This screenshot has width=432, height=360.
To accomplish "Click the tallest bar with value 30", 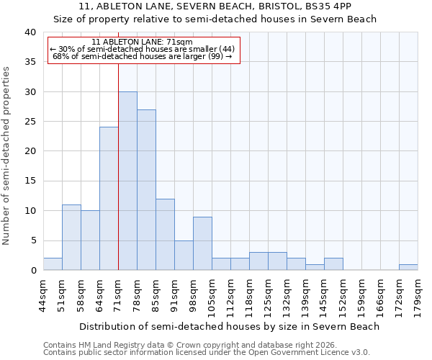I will (x=127, y=181).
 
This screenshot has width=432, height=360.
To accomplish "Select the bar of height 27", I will (x=146, y=190).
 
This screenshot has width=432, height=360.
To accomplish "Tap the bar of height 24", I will (x=109, y=199).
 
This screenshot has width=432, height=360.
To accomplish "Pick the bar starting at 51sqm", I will (x=71, y=238).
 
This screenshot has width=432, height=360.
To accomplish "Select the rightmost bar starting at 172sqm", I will (x=408, y=267).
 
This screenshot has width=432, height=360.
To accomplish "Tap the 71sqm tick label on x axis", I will (x=119, y=295).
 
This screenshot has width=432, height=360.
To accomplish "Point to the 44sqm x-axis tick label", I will (x=44, y=295).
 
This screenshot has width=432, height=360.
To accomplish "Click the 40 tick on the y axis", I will (x=30, y=32).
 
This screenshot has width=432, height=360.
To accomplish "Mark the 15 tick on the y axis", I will (x=30, y=181).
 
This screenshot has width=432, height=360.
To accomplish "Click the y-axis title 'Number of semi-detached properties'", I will (x=7, y=156).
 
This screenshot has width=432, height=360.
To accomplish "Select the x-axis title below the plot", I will (x=229, y=327).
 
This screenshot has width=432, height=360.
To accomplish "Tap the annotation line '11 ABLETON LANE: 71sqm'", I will (x=143, y=42).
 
